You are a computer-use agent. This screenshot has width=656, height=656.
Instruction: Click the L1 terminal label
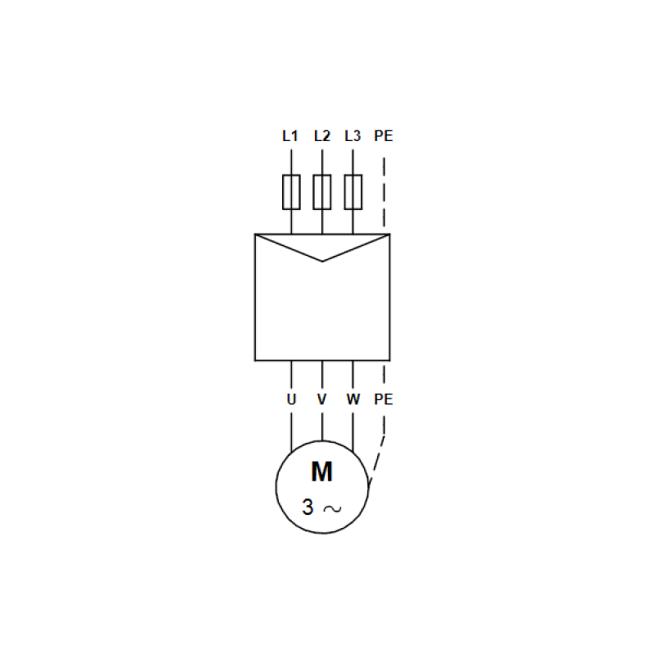click(290, 136)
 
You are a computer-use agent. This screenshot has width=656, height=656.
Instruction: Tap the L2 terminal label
click(321, 136)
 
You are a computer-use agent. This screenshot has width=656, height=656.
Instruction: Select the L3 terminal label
click(353, 136)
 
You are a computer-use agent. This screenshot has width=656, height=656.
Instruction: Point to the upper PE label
click(383, 136)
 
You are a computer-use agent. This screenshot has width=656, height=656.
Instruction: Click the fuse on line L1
click(291, 193)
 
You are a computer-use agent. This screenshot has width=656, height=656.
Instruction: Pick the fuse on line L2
click(322, 193)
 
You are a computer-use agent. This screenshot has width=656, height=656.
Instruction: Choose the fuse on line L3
click(353, 193)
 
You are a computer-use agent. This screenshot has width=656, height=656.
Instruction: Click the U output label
click(291, 400)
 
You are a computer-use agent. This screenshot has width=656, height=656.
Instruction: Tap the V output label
click(322, 400)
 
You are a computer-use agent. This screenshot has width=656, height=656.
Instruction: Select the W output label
click(353, 400)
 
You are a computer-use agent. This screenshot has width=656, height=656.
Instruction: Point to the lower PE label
click(383, 400)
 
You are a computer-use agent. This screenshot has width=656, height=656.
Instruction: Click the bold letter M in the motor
click(322, 471)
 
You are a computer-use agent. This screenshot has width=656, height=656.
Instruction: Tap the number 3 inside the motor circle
click(307, 508)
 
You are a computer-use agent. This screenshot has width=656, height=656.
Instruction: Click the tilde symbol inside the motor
click(332, 508)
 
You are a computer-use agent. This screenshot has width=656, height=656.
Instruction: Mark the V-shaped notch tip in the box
click(322, 261)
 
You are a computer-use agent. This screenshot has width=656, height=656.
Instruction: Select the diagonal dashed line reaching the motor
click(377, 459)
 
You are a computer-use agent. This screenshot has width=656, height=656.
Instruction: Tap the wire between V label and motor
click(322, 422)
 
